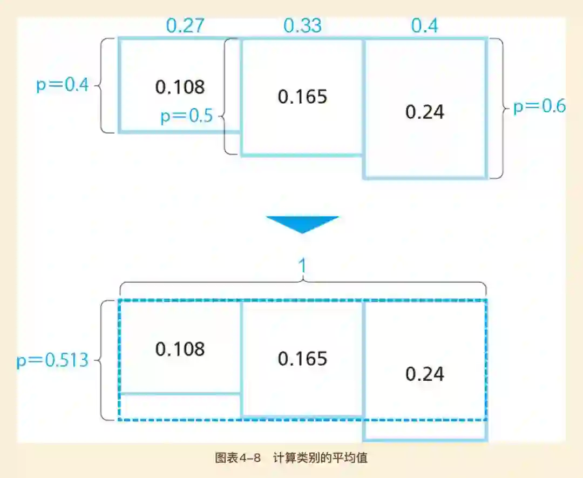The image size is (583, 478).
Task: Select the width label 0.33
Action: point(303,26)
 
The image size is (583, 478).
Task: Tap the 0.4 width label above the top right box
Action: point(425,26)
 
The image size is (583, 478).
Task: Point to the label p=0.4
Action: point(62,85)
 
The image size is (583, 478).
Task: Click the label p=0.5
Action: point(187,117)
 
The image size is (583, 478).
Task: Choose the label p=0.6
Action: point(539,107)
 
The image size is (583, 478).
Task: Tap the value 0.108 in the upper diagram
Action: point(180,87)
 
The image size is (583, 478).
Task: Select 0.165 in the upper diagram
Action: point(303,97)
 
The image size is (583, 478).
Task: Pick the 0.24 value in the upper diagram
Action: point(425,112)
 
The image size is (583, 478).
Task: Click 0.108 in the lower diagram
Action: point(180,349)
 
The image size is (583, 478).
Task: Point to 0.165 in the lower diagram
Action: point(303,359)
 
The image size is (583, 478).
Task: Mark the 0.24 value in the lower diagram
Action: point(425,374)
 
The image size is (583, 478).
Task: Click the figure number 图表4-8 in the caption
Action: point(238,458)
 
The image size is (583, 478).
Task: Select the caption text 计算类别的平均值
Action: point(320,458)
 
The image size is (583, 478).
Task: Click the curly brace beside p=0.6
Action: point(501,108)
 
